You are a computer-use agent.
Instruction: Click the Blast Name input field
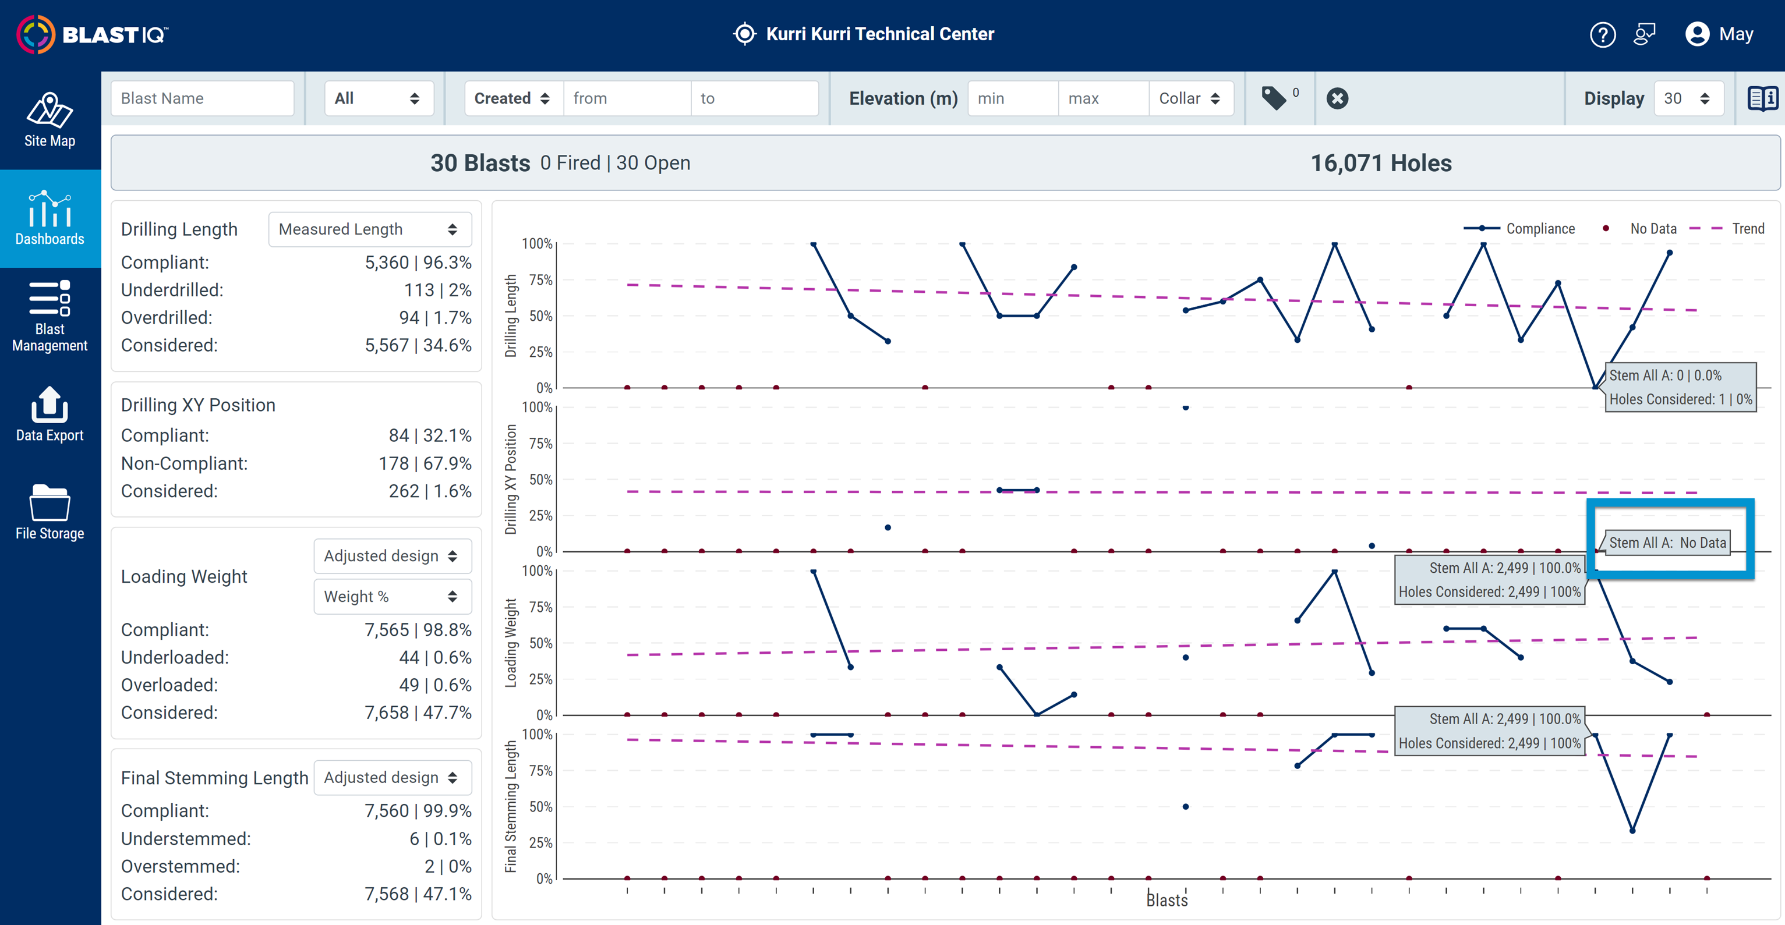pos(202,98)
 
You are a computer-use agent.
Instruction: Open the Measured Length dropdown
pos(369,229)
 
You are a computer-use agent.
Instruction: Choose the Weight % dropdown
pos(392,597)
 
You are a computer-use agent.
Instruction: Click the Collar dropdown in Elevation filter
pos(1190,98)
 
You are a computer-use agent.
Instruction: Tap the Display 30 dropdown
pos(1687,98)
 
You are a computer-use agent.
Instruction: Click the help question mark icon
pos(1602,34)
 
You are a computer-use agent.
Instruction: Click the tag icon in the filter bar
pos(1274,98)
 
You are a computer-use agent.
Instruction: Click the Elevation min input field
pos(1012,98)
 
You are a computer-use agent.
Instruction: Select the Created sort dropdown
pos(512,98)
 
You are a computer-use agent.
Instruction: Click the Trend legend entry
pos(1727,229)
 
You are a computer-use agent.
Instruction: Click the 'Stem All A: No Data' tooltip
pos(1667,543)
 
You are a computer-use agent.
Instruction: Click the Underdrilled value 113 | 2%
pos(437,290)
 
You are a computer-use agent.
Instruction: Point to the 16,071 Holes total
pos(1380,164)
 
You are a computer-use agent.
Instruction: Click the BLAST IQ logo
pos(92,34)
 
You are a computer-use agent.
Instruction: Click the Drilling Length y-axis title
pos(511,316)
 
